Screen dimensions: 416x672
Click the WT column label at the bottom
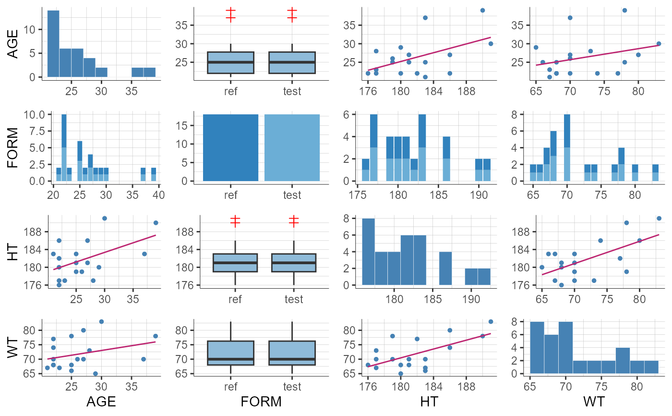click(594, 401)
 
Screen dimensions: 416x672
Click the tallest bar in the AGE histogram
click(53, 43)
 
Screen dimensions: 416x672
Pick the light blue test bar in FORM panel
click(292, 147)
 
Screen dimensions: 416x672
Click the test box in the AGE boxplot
click(292, 62)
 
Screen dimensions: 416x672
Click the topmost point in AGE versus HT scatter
click(482, 10)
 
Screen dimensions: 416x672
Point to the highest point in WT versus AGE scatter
click(101, 321)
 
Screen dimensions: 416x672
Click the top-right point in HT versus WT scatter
click(659, 218)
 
